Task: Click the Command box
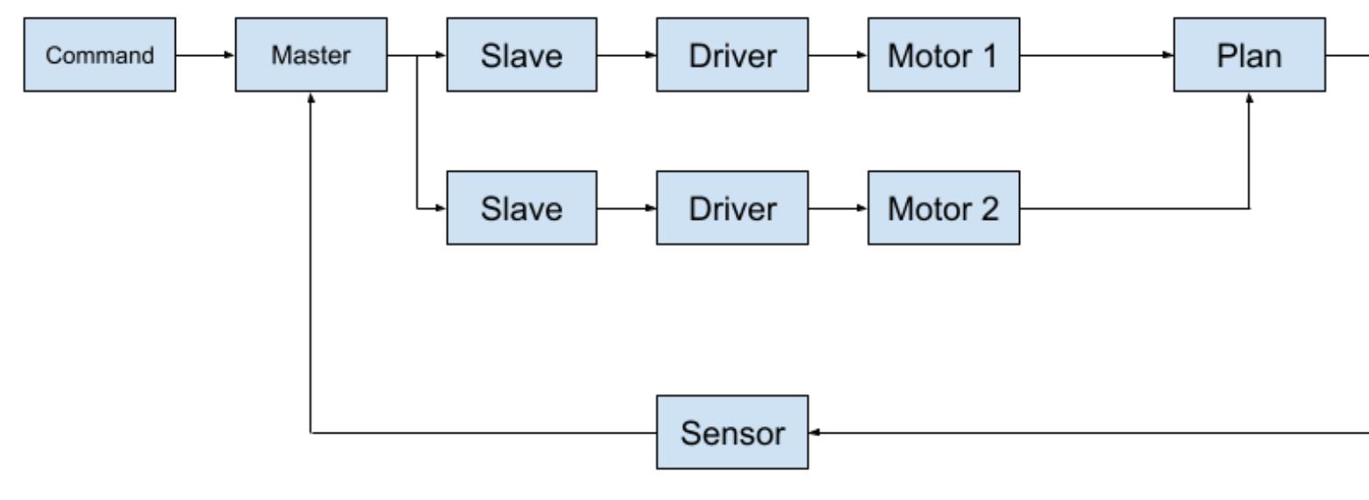point(99,55)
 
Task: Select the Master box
point(311,55)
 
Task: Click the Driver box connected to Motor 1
point(733,55)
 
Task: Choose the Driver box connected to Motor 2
point(733,208)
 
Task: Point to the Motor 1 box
point(943,55)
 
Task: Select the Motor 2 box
point(943,208)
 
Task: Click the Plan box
point(1249,55)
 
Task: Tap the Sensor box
point(733,433)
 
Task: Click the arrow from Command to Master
point(205,55)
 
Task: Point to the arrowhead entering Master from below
point(311,96)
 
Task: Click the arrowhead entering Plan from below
point(1249,96)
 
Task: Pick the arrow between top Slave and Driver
point(627,55)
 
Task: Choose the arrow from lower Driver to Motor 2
point(838,208)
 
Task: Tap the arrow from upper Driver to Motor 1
point(838,55)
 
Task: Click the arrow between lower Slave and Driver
point(627,208)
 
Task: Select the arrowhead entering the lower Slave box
point(442,208)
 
